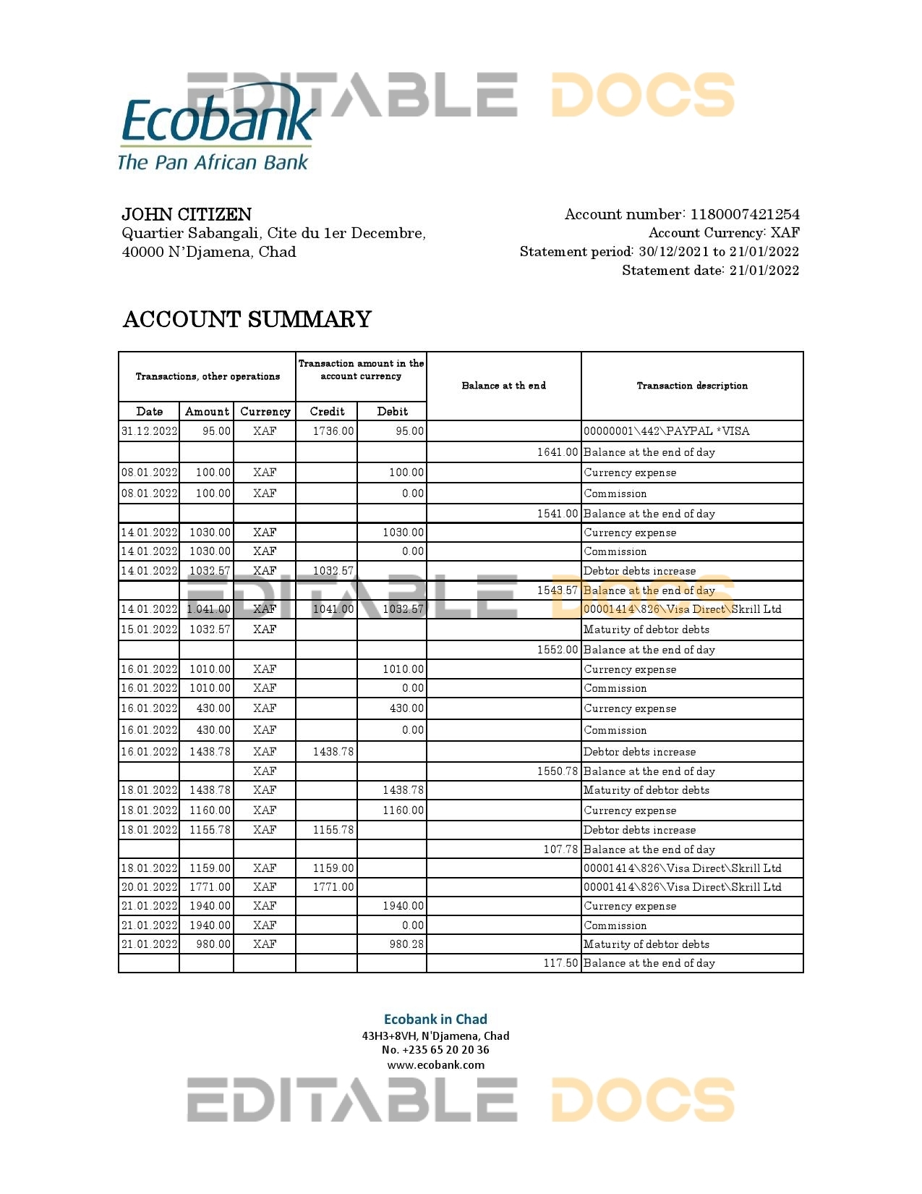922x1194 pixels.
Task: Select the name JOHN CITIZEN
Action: click(187, 214)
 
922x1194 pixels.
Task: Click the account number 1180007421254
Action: click(745, 214)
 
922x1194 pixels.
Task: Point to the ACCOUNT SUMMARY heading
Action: click(247, 319)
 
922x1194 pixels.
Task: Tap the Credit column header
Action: click(327, 411)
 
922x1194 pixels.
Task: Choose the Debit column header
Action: click(392, 411)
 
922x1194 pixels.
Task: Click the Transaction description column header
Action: click(692, 386)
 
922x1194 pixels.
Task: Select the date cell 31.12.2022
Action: click(149, 431)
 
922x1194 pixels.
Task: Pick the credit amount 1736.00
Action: click(333, 431)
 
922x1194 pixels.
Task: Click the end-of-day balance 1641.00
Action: click(557, 452)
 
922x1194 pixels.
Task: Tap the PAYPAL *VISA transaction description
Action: click(666, 431)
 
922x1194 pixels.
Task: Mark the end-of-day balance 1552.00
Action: click(557, 650)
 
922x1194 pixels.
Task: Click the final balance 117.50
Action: click(560, 963)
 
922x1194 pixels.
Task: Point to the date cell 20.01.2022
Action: click(149, 887)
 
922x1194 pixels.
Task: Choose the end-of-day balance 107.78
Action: click(560, 850)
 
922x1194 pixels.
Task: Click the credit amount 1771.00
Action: click(333, 887)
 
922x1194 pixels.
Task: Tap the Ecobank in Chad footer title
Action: click(435, 1019)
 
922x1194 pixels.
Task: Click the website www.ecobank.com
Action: click(435, 1064)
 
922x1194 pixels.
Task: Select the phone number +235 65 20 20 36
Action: click(445, 1050)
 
